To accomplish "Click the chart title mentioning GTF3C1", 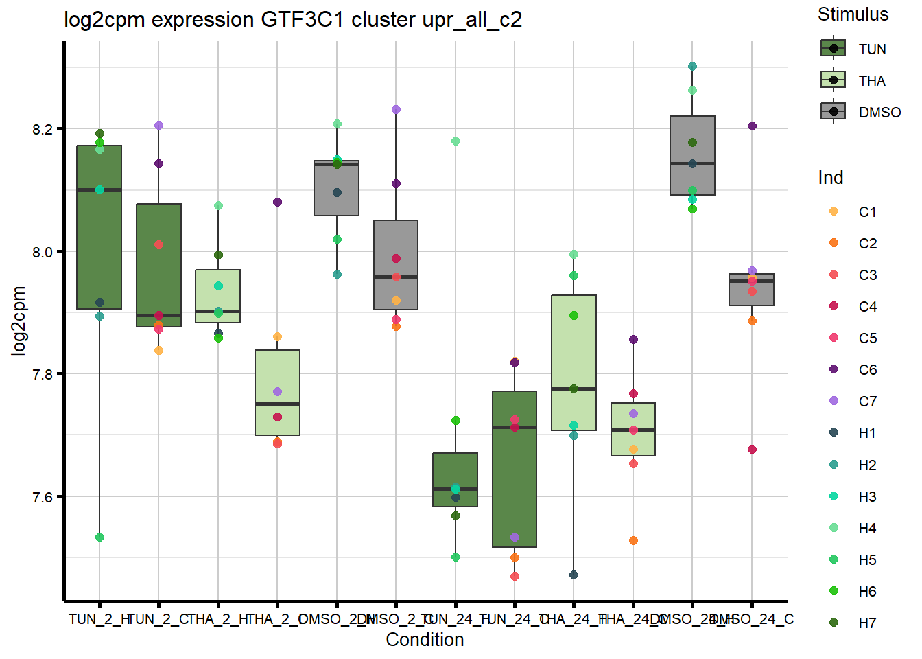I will [x=293, y=19].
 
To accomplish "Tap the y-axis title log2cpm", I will [x=19, y=321].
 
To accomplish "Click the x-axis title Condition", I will [x=425, y=640].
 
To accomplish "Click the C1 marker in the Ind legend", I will [x=834, y=211].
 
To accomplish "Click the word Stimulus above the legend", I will [x=853, y=14].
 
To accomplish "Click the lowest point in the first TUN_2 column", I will [x=99, y=537].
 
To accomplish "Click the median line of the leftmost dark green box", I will [x=99, y=189].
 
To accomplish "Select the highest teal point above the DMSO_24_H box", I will [x=692, y=67].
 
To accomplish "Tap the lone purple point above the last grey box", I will [x=752, y=126].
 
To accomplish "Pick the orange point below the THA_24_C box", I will [x=633, y=541].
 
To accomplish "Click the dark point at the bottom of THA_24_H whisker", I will [x=574, y=575].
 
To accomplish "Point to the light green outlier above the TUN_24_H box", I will [x=456, y=141].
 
